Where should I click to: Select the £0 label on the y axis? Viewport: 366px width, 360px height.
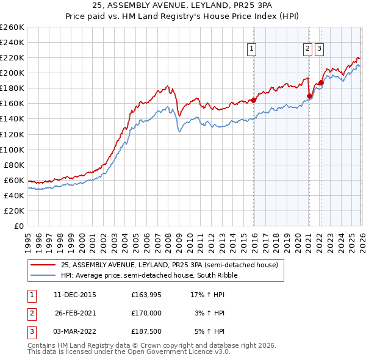point(20,226)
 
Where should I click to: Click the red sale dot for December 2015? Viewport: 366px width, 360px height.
point(253,101)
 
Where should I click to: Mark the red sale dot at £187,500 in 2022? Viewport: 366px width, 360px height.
point(321,82)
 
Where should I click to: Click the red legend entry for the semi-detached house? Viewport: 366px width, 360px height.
point(169,265)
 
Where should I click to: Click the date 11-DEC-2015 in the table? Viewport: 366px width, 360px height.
point(74,295)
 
